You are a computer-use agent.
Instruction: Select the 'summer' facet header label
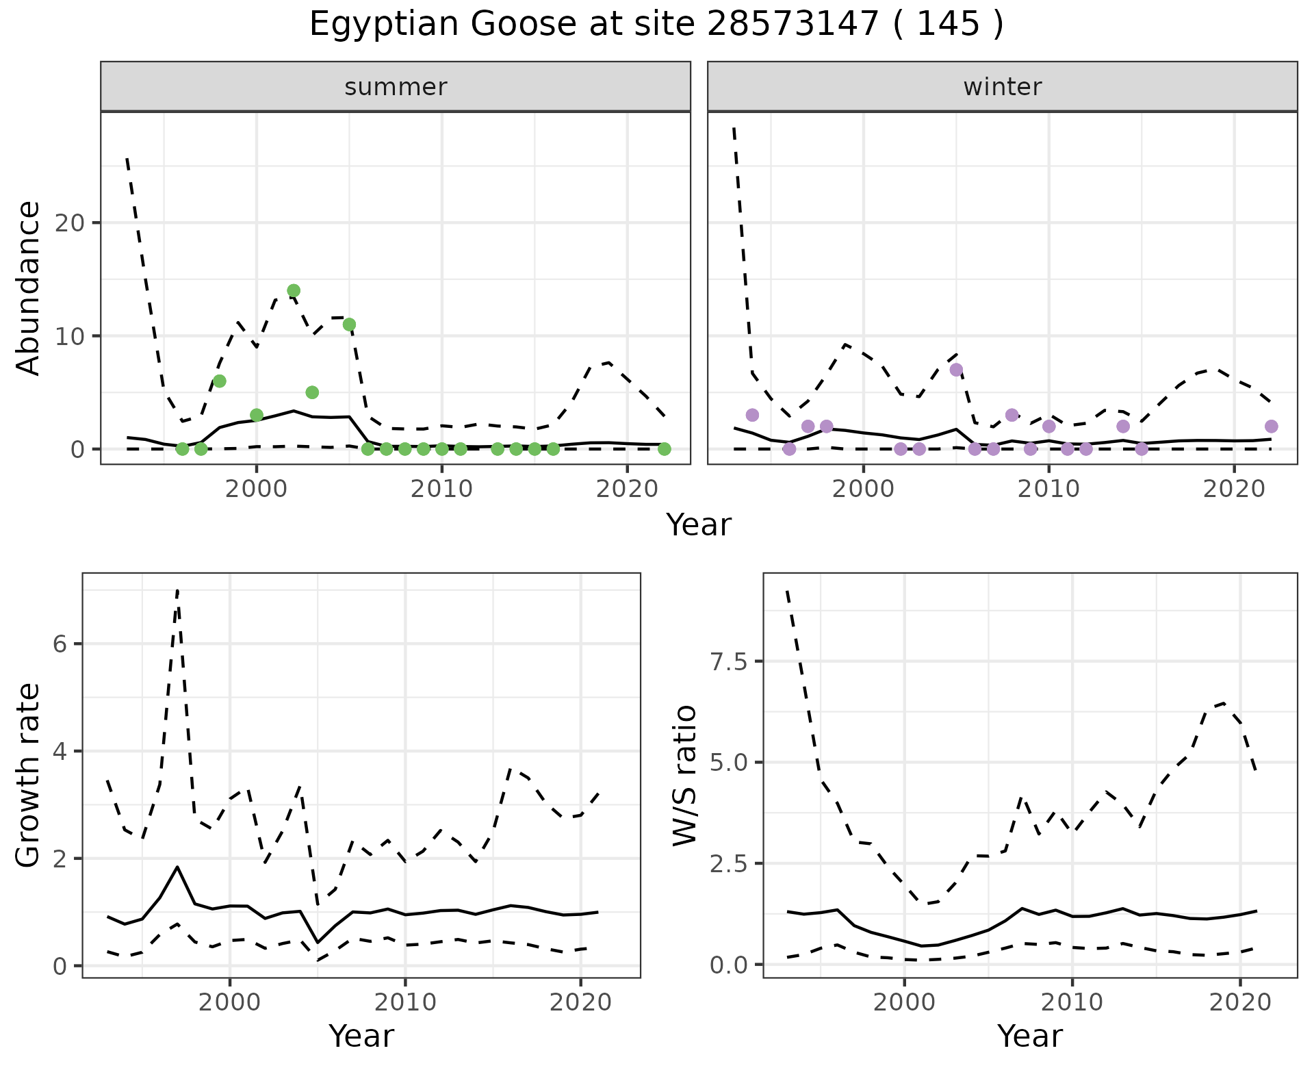point(396,87)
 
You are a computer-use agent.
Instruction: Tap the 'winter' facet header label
point(1002,87)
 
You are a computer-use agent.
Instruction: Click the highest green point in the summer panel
point(294,290)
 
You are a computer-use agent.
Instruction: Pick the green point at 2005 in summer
point(349,325)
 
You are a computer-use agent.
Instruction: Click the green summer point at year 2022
point(664,449)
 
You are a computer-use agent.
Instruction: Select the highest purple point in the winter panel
point(956,370)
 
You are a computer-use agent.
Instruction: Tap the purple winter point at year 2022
point(1271,427)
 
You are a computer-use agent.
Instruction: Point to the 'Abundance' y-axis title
point(29,288)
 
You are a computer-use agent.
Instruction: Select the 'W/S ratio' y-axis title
point(684,776)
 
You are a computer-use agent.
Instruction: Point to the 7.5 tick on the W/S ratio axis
point(730,661)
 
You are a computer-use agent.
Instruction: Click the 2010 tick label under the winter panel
point(1048,489)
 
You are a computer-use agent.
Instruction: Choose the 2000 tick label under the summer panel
point(257,489)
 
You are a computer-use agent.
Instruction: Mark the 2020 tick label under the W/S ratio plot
point(1240,1003)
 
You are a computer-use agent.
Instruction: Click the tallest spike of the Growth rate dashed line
point(177,590)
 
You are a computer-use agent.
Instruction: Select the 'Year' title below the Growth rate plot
point(361,1037)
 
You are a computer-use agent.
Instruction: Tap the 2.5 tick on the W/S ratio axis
point(730,863)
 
